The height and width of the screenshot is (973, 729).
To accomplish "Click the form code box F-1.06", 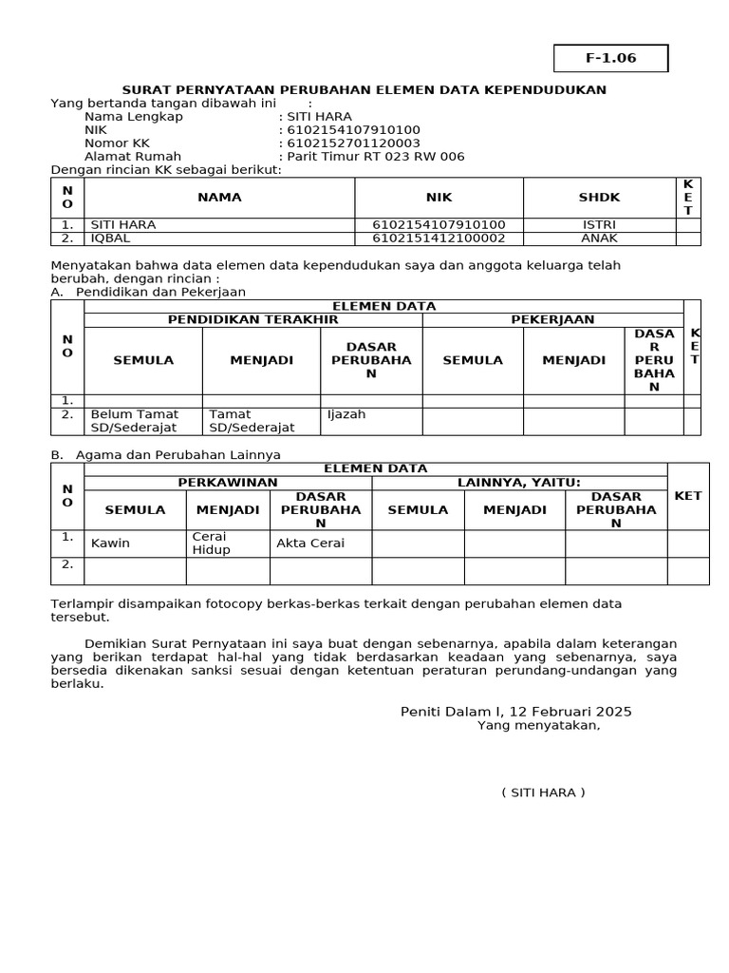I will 610,58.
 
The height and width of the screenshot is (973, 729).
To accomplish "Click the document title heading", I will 364,89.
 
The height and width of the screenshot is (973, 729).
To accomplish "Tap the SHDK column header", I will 599,197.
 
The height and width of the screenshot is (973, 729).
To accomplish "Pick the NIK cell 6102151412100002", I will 439,238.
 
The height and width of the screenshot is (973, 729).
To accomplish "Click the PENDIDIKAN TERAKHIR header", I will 252,319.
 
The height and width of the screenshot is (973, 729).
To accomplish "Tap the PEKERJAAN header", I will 552,319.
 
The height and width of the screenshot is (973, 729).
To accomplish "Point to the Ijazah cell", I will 346,414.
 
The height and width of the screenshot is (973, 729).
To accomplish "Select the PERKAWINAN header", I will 228,483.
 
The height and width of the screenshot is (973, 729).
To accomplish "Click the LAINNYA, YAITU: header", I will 518,483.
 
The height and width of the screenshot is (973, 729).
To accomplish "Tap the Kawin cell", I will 110,544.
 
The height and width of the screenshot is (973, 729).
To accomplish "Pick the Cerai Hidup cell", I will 211,544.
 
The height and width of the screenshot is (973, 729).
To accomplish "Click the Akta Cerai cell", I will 310,544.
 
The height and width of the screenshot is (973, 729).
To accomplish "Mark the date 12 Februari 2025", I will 562,711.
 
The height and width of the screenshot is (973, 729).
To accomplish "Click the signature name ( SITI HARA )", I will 543,792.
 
